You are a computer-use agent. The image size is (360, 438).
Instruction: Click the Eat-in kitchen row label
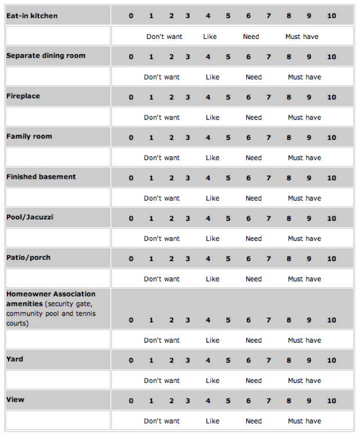point(32,16)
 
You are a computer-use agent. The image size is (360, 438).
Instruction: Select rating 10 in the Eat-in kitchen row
point(331,16)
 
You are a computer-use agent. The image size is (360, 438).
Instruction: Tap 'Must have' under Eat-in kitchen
point(302,37)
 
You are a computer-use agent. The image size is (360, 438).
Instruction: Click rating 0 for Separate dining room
point(131,57)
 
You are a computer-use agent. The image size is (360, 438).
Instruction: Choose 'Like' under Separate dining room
point(213,77)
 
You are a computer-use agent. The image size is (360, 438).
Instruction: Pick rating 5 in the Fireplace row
point(228,97)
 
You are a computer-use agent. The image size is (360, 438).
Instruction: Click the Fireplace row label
point(23,96)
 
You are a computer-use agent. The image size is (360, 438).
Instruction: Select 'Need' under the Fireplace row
point(254,118)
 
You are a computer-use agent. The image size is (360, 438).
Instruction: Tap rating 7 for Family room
point(269,138)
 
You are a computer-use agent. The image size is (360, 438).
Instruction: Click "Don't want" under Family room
point(162,158)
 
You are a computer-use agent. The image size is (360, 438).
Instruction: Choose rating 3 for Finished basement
point(188,178)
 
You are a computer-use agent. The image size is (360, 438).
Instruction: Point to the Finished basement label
point(41,177)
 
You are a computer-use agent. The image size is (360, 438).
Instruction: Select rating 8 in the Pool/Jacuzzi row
point(289,219)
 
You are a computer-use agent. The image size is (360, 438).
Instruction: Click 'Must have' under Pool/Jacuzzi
point(304,239)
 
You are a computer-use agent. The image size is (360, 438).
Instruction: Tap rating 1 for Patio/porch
point(151,259)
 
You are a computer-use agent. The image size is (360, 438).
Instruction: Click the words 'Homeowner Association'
point(51,294)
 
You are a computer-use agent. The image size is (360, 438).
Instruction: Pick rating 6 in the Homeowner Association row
point(249,320)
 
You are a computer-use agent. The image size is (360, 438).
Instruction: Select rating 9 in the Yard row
point(309,361)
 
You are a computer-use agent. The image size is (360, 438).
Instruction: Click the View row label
point(15,400)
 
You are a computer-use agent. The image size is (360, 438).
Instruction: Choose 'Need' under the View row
point(254,421)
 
